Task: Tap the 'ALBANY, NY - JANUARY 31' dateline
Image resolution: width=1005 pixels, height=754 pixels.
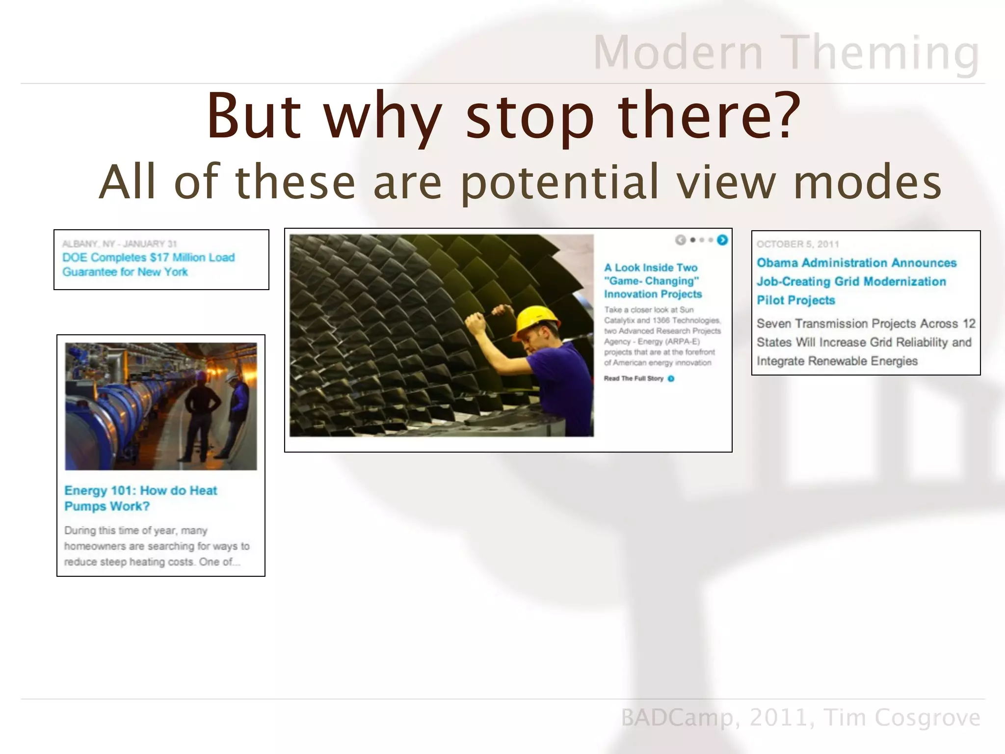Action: [119, 244]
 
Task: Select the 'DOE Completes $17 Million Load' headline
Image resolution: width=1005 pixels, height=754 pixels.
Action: [148, 258]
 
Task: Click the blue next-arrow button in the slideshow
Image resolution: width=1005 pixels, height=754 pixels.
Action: [722, 240]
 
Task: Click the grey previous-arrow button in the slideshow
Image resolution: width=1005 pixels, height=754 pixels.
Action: [680, 240]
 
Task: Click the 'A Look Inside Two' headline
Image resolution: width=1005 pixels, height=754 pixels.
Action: [651, 268]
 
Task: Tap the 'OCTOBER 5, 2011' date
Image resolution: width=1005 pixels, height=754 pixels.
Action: [797, 244]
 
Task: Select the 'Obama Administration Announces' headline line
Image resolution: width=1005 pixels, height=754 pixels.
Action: [856, 263]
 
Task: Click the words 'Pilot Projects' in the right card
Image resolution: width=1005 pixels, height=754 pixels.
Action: [795, 300]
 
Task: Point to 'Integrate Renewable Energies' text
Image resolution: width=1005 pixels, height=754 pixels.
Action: [837, 361]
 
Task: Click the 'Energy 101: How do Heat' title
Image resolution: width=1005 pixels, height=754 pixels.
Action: [140, 491]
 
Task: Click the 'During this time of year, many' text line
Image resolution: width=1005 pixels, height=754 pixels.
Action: [135, 531]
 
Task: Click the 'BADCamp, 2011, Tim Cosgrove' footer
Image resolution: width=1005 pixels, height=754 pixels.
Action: [800, 718]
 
